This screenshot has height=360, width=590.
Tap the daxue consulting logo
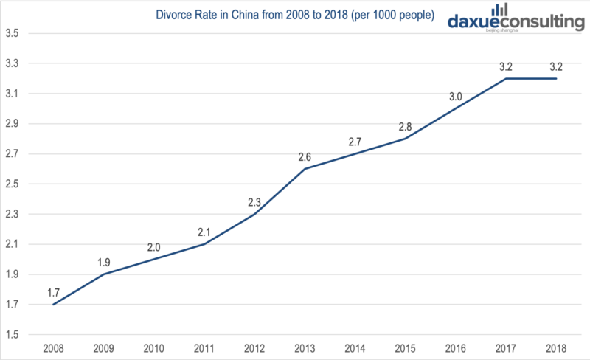tap(516, 21)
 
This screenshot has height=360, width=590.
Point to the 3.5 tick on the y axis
tap(13, 33)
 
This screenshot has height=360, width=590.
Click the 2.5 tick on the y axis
tap(13, 184)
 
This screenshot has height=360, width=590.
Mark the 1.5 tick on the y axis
tap(13, 335)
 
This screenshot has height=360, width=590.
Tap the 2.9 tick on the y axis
tap(13, 124)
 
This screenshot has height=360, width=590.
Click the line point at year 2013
tap(305, 169)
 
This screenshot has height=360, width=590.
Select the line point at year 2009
tap(103, 274)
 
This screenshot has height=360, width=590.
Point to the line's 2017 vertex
tap(507, 78)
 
